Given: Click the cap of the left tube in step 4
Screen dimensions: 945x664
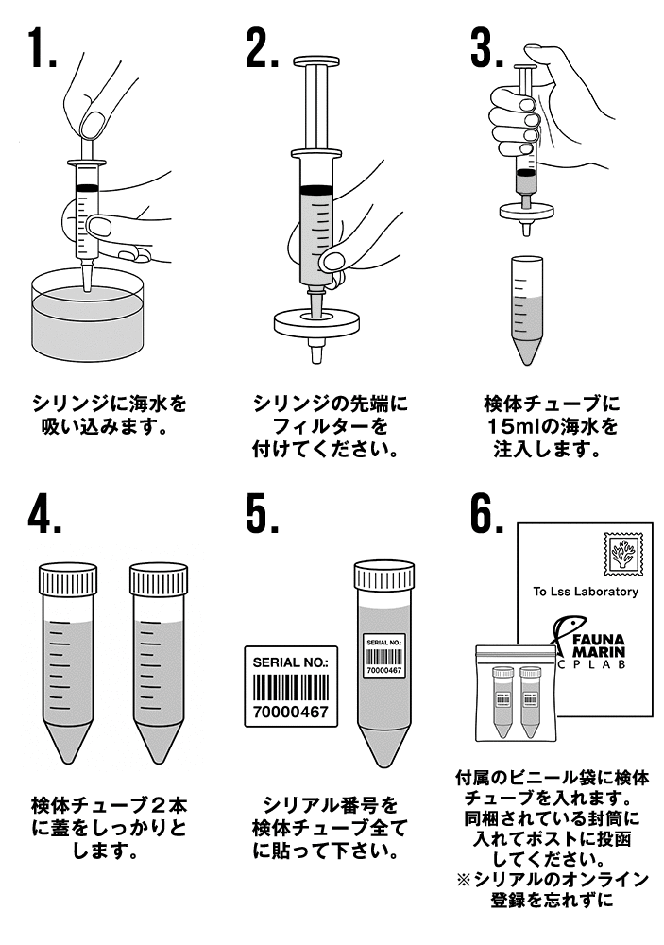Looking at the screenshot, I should (x=67, y=579).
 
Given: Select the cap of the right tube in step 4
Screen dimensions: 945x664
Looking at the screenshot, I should (x=159, y=579).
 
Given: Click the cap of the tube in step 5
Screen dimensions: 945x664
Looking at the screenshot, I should (x=383, y=577).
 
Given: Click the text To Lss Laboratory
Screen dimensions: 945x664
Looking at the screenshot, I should (x=585, y=593).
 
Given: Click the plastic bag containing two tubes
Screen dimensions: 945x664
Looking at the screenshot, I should (x=515, y=695).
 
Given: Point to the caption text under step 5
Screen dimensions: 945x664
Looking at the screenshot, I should (x=326, y=828).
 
